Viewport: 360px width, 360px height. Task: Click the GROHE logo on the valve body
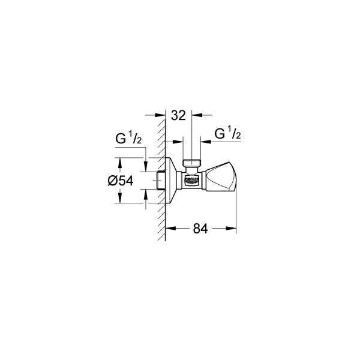[x=192, y=179]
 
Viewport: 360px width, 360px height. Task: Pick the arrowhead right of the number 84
[x=233, y=227]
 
